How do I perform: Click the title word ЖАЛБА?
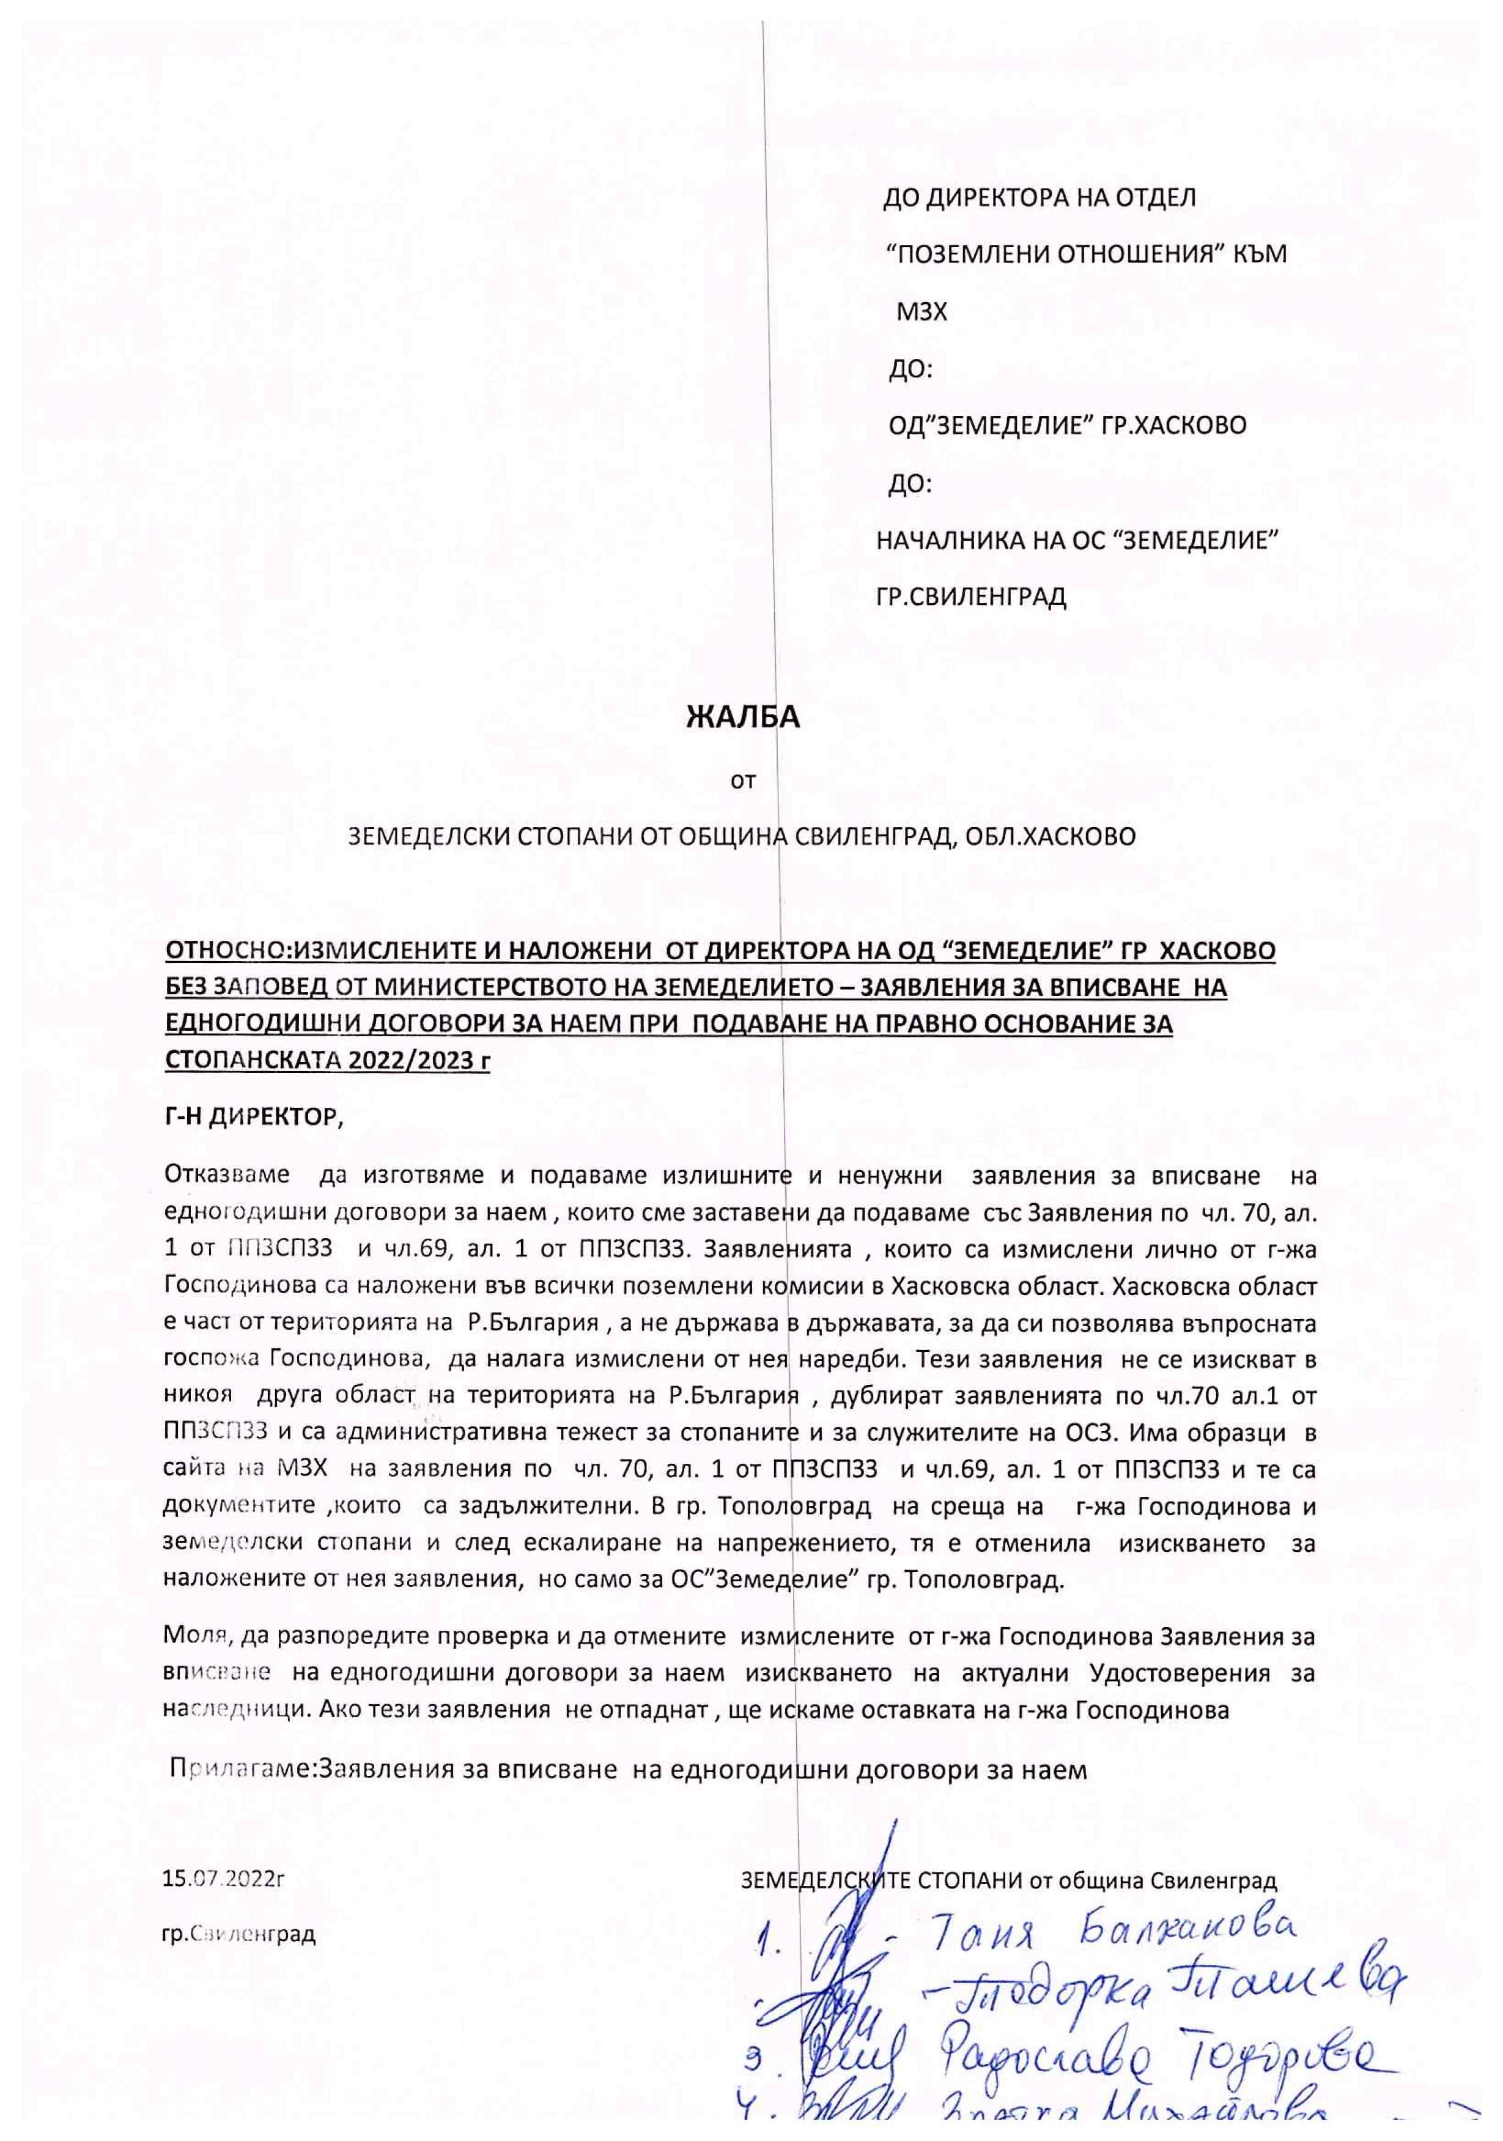742,718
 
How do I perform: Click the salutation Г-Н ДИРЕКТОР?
254,1118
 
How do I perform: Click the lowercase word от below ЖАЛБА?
742,781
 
